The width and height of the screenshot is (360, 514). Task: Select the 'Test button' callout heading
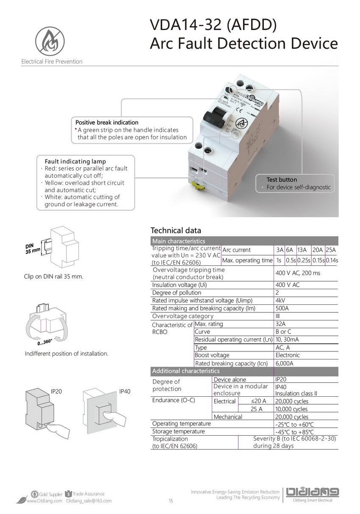282,180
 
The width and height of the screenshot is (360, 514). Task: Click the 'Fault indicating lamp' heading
75,161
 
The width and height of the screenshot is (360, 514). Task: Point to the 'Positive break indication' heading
107,122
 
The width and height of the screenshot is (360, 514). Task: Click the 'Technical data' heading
176,230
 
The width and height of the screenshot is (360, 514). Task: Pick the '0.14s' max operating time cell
332,260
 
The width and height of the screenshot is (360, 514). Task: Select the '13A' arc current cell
302,250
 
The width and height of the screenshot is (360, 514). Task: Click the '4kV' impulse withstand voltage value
280,301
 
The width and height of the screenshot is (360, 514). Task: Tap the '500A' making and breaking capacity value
282,308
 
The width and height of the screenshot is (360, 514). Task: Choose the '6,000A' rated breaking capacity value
284,363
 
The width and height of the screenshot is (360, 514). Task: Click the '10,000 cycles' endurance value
291,409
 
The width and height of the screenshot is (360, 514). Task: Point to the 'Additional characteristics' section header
186,371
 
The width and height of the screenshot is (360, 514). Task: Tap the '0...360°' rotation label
44,342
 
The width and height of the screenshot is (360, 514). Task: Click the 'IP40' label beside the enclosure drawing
125,392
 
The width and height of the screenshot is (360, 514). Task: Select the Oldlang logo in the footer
313,492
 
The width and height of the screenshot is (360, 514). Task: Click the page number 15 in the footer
171,501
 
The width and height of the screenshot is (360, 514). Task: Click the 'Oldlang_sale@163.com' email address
89,501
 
